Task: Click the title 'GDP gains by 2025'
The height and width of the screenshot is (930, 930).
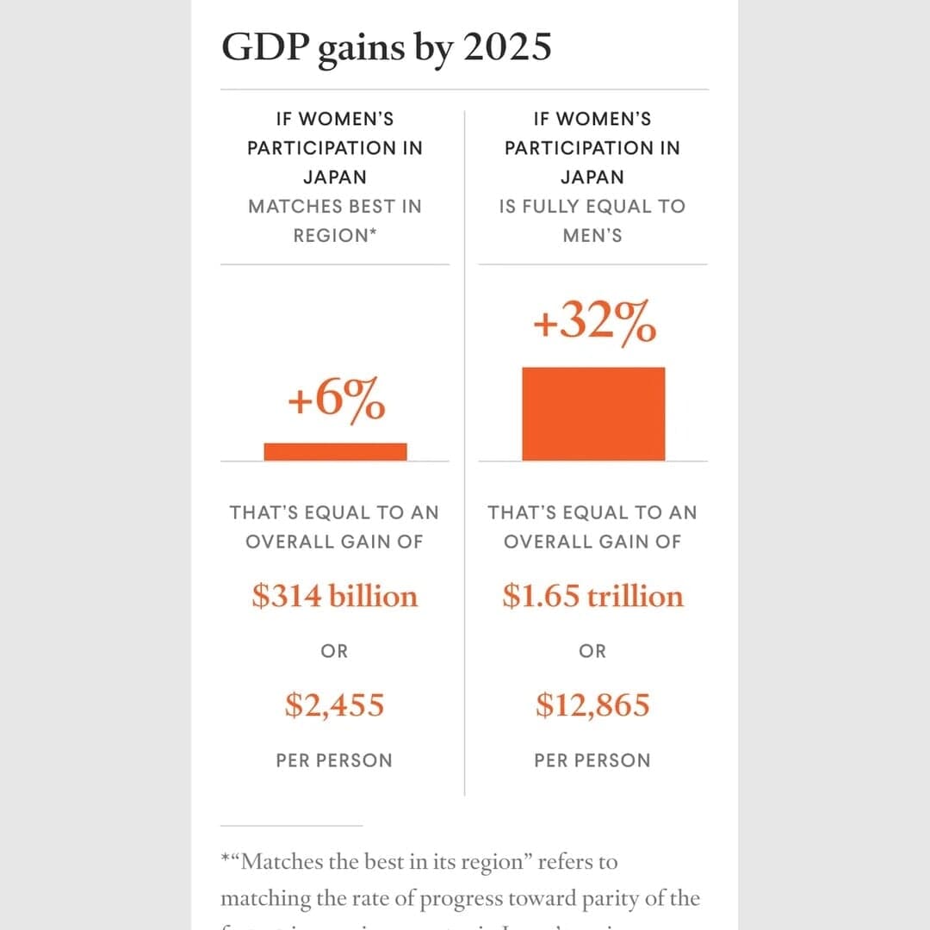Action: pos(386,48)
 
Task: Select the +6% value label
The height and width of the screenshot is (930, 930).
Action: pos(336,400)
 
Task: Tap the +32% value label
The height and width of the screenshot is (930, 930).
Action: pos(593,325)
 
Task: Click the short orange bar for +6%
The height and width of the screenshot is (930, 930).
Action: pos(335,452)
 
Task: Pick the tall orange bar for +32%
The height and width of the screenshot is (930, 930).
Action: pos(593,414)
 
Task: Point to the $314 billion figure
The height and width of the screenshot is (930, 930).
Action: pos(335,596)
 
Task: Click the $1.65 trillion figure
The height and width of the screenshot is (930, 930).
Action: pos(593,596)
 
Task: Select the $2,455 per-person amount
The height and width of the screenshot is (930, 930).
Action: pos(335,705)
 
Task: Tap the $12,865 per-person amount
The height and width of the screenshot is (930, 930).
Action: pos(593,705)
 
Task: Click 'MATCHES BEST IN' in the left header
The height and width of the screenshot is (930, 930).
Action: pos(335,207)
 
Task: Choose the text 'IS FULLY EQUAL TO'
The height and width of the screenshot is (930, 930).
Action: pos(592,207)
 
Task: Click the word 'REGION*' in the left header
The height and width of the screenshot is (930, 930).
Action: pos(335,236)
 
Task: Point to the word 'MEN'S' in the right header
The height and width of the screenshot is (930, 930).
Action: pos(592,236)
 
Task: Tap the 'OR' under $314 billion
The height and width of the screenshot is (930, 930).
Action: pos(335,652)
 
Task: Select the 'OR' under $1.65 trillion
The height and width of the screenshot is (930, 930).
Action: pos(592,652)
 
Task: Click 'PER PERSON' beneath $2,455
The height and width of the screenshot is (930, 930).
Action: pos(334,761)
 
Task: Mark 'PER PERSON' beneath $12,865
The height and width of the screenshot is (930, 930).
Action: pos(592,761)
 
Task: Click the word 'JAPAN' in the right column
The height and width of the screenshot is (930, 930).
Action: pos(592,177)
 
